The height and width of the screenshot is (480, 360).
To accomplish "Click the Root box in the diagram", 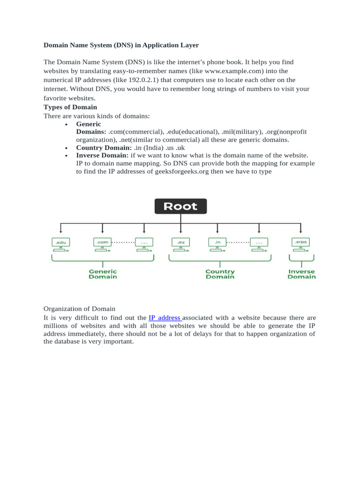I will coord(180,206).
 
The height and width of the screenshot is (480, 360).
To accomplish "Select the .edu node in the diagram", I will coord(60,242).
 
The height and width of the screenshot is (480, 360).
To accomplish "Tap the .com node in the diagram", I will coord(103,242).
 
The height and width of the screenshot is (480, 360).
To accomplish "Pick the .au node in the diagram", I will coord(180,242).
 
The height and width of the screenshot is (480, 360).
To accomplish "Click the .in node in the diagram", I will coord(217,242).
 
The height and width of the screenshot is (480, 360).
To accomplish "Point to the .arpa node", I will coord(300,242).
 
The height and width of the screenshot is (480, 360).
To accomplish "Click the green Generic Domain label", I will coord(103,274).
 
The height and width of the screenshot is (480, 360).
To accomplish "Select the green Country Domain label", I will coord(220,274).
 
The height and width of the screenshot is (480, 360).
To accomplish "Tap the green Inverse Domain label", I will coord(301,274).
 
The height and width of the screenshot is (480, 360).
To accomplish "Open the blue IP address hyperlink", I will coord(164,318).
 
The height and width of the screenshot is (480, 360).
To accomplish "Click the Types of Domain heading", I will coord(70,107).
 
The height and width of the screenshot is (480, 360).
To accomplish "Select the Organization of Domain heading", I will coord(79,309).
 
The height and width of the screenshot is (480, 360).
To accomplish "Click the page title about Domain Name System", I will coord(121,45).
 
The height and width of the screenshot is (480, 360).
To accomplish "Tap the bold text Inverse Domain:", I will coord(102,155).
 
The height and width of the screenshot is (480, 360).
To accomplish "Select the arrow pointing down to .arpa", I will coord(300,228).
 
